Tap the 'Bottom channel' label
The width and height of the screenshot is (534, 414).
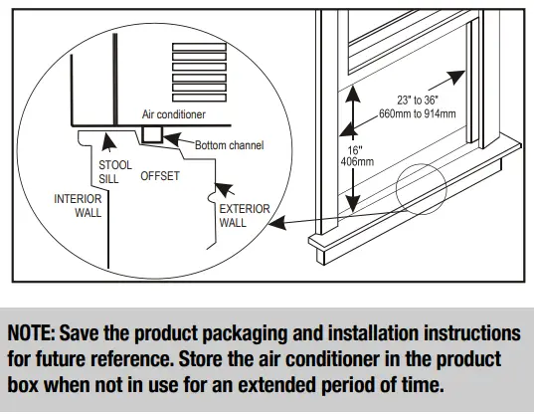[x=229, y=145]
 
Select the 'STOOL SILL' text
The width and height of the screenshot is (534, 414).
[x=108, y=172]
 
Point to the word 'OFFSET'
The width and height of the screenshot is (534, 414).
[x=160, y=176]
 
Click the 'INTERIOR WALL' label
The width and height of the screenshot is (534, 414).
[x=78, y=206]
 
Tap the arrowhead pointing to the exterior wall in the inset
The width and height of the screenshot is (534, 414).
[x=227, y=188]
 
